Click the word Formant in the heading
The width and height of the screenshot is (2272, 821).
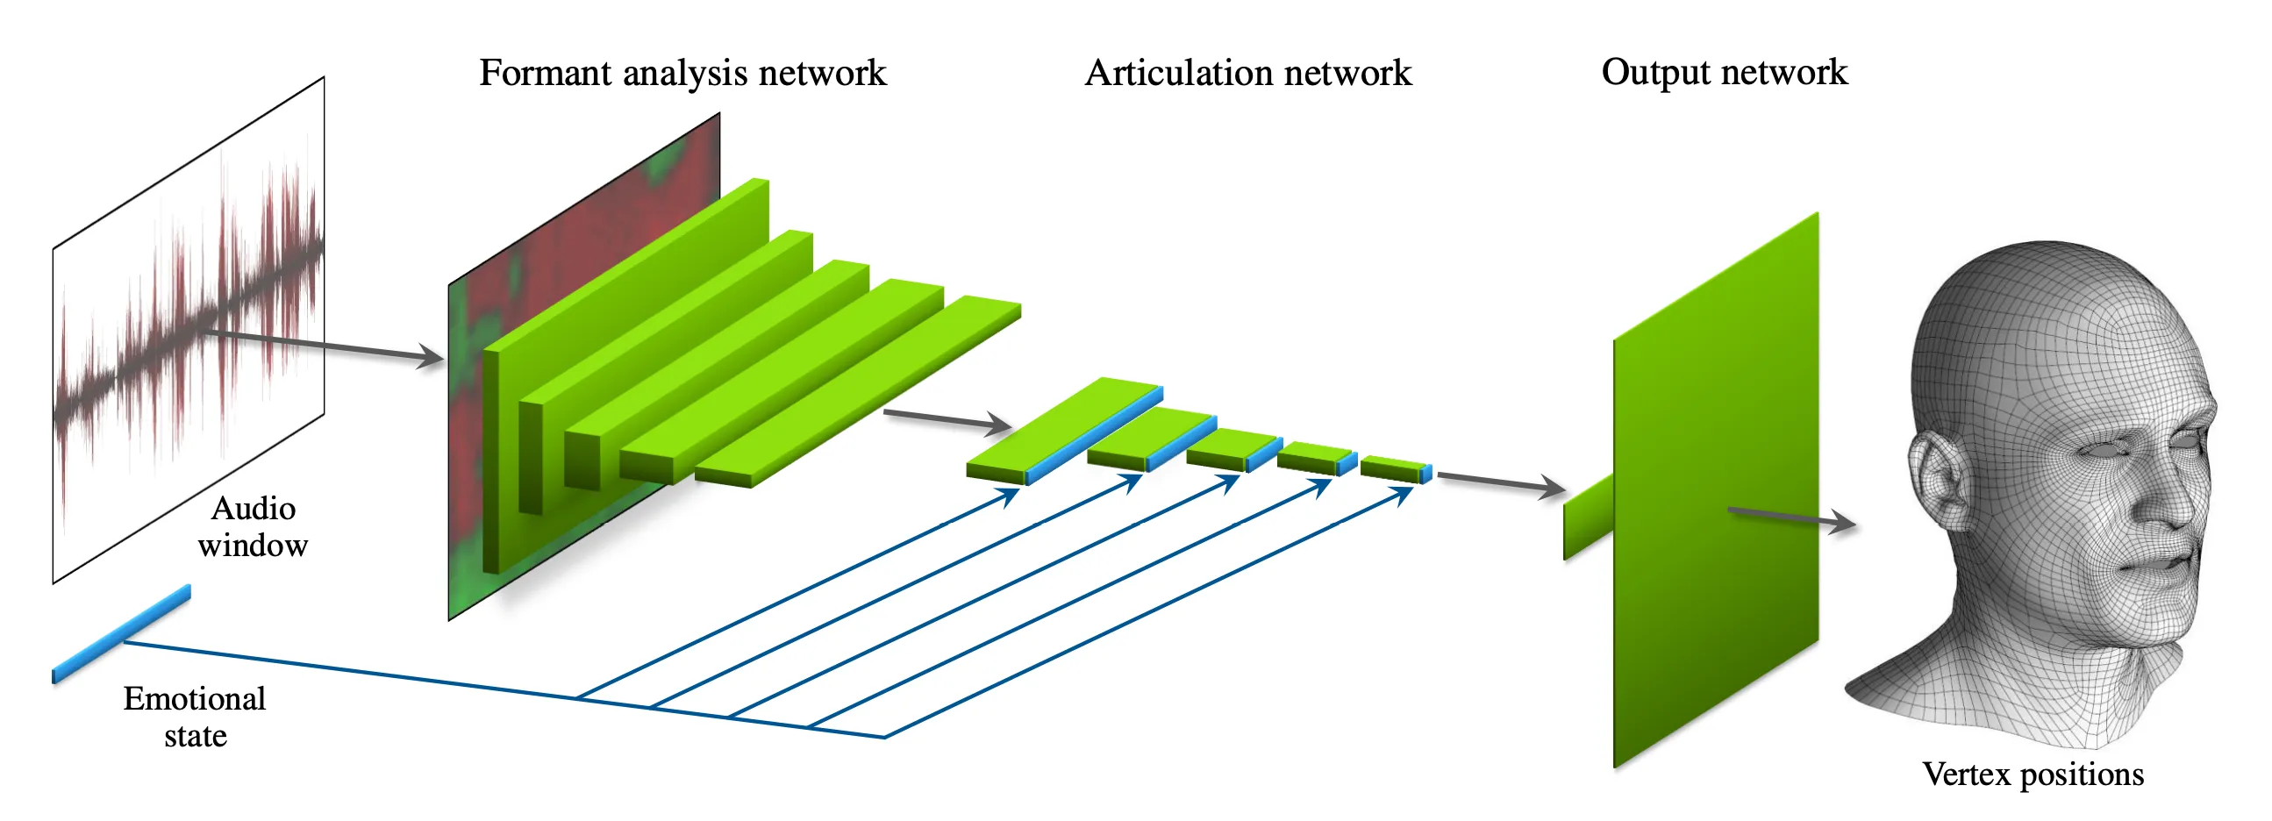[x=545, y=73]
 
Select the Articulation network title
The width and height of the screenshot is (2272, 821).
[x=1247, y=73]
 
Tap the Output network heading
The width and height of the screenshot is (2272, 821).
[x=1724, y=72]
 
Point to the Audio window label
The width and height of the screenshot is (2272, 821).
[x=254, y=526]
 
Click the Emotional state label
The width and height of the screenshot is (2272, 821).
[x=194, y=716]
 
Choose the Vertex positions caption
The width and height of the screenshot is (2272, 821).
[x=2033, y=774]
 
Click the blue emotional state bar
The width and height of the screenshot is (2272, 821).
[x=122, y=632]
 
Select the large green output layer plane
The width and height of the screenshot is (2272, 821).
[x=1716, y=494]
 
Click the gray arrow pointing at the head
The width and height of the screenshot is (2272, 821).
[x=1790, y=517]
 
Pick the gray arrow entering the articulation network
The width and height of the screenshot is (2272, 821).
[x=948, y=419]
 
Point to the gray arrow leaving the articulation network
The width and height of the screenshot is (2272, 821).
[x=1499, y=482]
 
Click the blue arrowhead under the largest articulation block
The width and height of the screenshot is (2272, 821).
[x=1008, y=497]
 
